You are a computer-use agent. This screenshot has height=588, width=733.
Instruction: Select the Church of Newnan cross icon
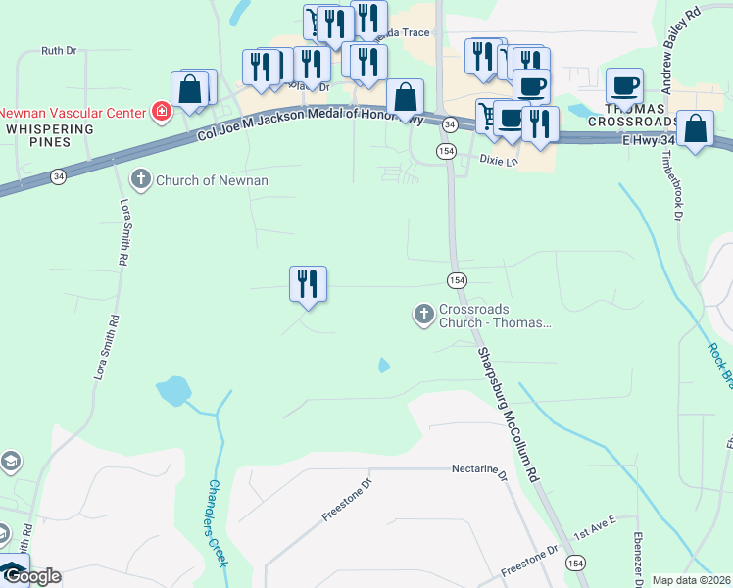[140, 179]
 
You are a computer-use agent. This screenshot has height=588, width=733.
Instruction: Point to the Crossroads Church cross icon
[423, 315]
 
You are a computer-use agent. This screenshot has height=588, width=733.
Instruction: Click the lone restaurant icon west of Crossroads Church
[308, 284]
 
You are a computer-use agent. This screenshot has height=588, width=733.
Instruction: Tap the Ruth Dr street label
[59, 50]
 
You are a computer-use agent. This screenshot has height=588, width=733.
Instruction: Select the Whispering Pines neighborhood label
[49, 135]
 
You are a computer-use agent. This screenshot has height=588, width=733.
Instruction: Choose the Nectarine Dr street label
[478, 469]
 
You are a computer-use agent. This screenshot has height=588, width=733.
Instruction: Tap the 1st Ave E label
[594, 530]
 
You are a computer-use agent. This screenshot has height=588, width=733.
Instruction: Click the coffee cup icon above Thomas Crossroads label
[624, 85]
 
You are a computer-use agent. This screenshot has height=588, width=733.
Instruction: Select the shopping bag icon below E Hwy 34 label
[695, 129]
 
